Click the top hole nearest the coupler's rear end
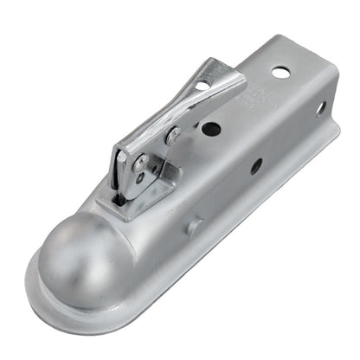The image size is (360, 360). coord(281,72)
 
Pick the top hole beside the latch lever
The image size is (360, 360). coord(210,129)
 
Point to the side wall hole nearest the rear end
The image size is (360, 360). coord(320,108)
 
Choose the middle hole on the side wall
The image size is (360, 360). coord(256,166)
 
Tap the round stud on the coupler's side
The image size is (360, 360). coord(195,227)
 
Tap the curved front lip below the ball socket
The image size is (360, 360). coord(52,299)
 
